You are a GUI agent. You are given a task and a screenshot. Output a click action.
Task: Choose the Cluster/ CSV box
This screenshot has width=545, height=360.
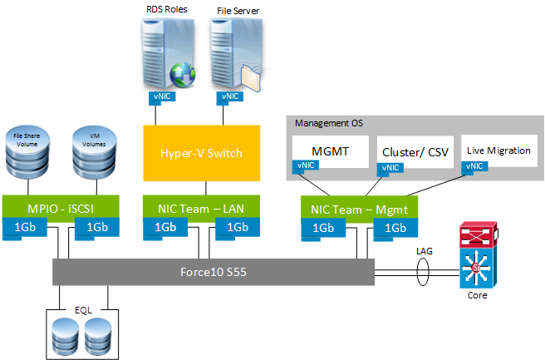413,151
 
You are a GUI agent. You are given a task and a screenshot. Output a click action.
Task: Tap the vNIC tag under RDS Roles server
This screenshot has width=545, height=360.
162,96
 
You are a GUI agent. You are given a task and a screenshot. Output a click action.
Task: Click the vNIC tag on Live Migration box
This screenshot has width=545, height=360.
475,166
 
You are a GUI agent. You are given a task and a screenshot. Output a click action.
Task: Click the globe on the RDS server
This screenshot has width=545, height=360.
180,76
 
